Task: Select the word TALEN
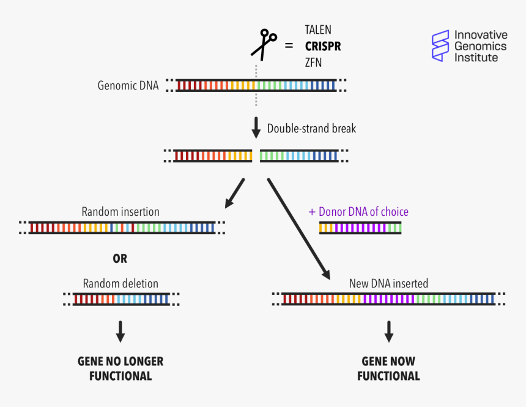pyautogui.click(x=318, y=30)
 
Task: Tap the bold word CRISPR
pyautogui.click(x=323, y=46)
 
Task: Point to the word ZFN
pyautogui.click(x=313, y=63)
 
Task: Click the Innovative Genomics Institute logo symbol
pyautogui.click(x=440, y=46)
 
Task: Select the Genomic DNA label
pyautogui.click(x=128, y=86)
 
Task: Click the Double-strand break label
pyautogui.click(x=311, y=129)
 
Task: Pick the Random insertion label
pyautogui.click(x=120, y=211)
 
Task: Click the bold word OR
pyautogui.click(x=120, y=259)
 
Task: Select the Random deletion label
pyautogui.click(x=120, y=284)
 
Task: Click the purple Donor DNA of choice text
pyautogui.click(x=358, y=212)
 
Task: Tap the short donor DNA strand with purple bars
pyautogui.click(x=360, y=228)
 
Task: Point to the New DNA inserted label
pyautogui.click(x=388, y=284)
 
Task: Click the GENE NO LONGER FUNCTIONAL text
pyautogui.click(x=120, y=368)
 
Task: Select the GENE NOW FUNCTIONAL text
pyautogui.click(x=388, y=368)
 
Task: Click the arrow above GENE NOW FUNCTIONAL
pyautogui.click(x=388, y=331)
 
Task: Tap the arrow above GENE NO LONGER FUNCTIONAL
pyautogui.click(x=120, y=331)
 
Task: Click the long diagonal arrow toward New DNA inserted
pyautogui.click(x=298, y=229)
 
